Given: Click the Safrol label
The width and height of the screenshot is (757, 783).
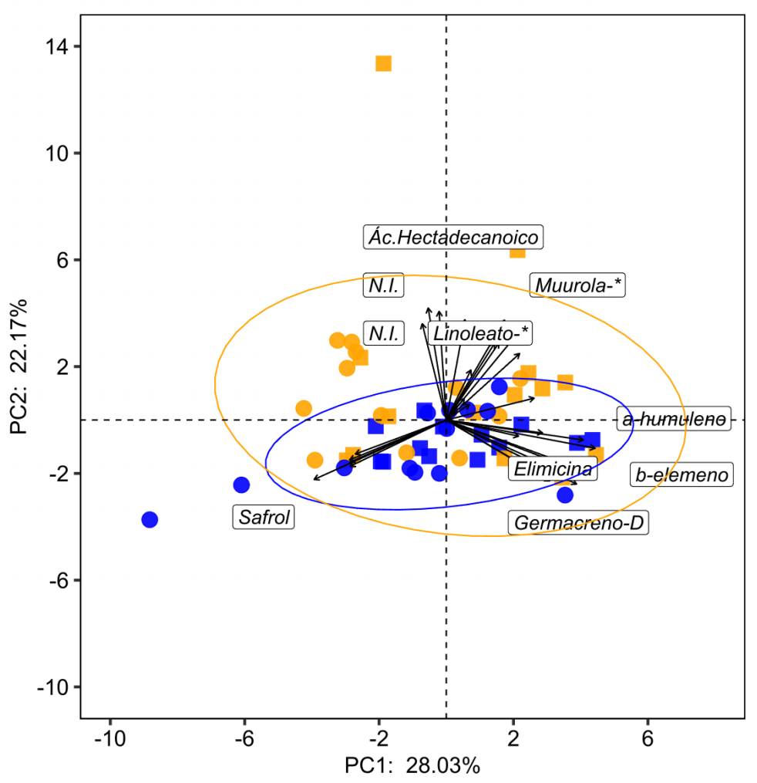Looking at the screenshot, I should [x=264, y=517].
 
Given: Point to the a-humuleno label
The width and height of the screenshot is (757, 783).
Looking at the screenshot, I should [x=673, y=419].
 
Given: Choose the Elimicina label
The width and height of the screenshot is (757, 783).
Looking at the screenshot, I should [x=553, y=468].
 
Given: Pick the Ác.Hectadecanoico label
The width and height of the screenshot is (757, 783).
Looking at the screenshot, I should [x=453, y=237].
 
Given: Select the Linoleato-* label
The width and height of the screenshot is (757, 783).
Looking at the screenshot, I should [x=480, y=334].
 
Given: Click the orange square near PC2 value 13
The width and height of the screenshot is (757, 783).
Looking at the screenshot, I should [x=383, y=63].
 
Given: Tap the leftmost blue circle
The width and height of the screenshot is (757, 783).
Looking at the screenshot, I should [x=150, y=519].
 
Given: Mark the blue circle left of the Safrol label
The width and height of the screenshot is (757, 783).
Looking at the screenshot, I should [x=241, y=484].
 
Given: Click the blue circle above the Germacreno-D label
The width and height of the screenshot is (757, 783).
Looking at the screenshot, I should [x=565, y=494].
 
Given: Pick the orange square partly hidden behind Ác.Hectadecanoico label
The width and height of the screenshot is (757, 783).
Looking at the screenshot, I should [x=518, y=250].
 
